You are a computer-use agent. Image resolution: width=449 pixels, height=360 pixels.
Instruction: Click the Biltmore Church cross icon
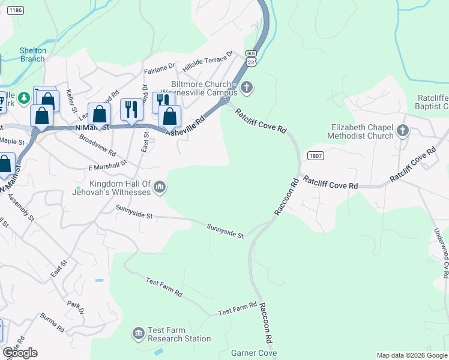(x=246, y=89)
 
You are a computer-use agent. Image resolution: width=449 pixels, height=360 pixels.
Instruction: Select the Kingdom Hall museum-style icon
(x=160, y=188)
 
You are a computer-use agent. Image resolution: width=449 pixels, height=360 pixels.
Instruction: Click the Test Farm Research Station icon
(x=139, y=332)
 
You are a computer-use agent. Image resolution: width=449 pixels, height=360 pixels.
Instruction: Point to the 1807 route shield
(x=316, y=155)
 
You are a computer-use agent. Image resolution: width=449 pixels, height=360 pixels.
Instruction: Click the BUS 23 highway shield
(x=252, y=58)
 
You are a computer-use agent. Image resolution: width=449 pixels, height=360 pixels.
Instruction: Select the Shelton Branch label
(x=32, y=55)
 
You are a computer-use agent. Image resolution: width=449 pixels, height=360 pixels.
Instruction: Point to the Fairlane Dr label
(x=159, y=69)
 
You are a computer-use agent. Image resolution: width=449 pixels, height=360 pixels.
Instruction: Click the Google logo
(x=20, y=353)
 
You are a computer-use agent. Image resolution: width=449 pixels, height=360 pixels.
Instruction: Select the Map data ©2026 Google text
(x=411, y=355)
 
